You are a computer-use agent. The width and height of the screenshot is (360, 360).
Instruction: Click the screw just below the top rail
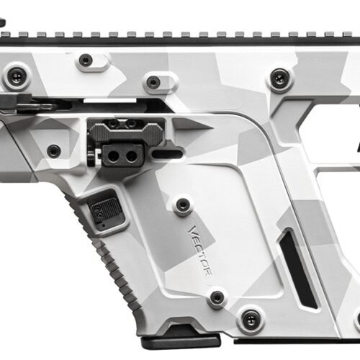click(86, 60)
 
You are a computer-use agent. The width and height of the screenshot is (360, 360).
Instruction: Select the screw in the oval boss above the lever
click(152, 82)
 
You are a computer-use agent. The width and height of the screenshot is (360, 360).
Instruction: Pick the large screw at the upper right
click(279, 76)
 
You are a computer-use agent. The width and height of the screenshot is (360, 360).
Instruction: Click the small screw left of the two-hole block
click(54, 151)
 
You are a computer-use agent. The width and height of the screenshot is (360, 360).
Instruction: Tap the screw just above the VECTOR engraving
click(182, 205)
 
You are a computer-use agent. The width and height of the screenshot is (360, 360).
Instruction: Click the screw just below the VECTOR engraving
click(216, 296)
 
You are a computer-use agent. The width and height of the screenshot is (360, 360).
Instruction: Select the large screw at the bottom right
click(251, 317)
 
